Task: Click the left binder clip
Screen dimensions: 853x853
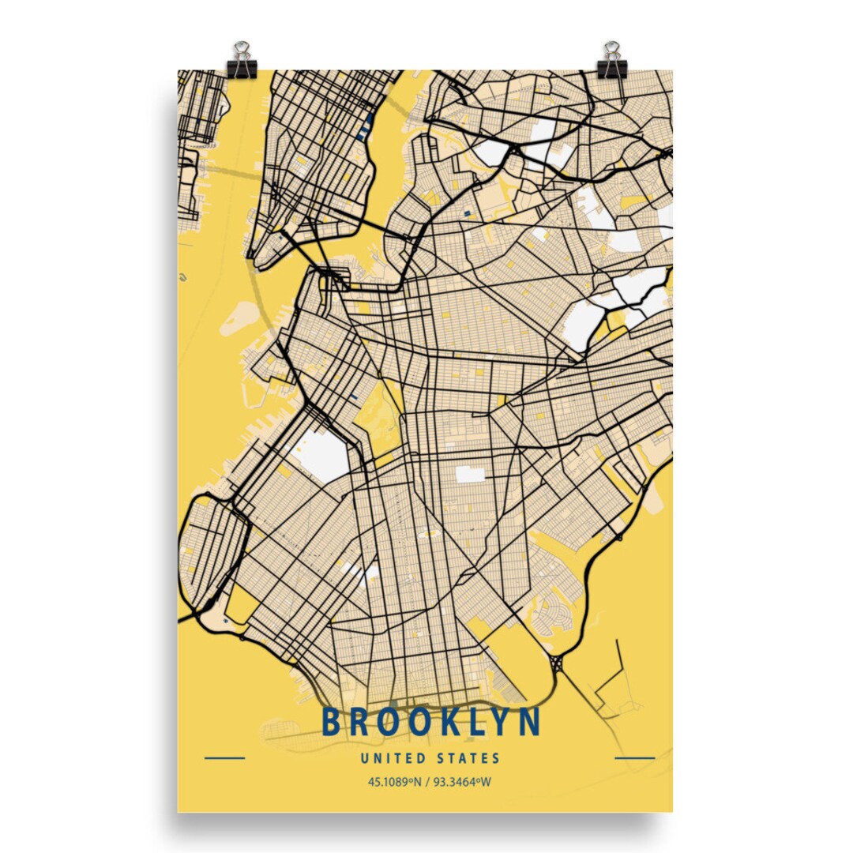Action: (242, 61)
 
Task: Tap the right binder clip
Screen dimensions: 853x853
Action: (611, 61)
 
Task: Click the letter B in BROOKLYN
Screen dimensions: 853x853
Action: (333, 722)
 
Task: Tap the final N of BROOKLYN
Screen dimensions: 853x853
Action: (530, 722)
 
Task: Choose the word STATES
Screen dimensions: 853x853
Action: (468, 759)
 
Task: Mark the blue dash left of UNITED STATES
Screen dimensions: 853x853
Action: (224, 759)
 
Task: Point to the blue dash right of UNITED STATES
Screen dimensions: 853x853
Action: (634, 759)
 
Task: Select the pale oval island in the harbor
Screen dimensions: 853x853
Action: (239, 317)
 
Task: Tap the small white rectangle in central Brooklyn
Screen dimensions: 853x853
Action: (470, 474)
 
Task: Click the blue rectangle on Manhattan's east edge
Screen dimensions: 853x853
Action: (366, 125)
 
